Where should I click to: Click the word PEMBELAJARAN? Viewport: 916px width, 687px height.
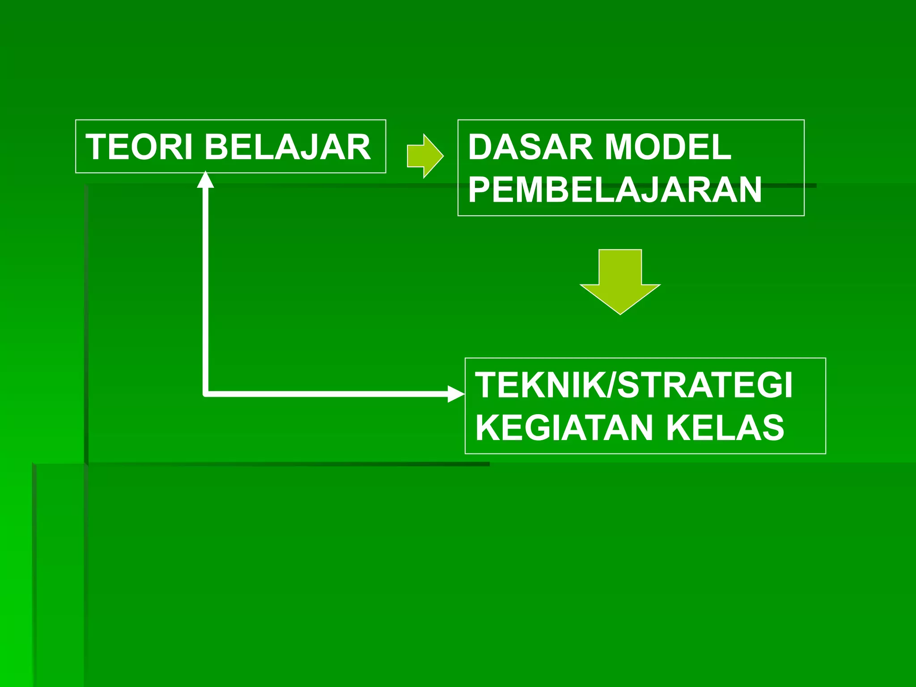[615, 190]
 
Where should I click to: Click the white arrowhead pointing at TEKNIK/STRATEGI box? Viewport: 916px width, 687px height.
[456, 394]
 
